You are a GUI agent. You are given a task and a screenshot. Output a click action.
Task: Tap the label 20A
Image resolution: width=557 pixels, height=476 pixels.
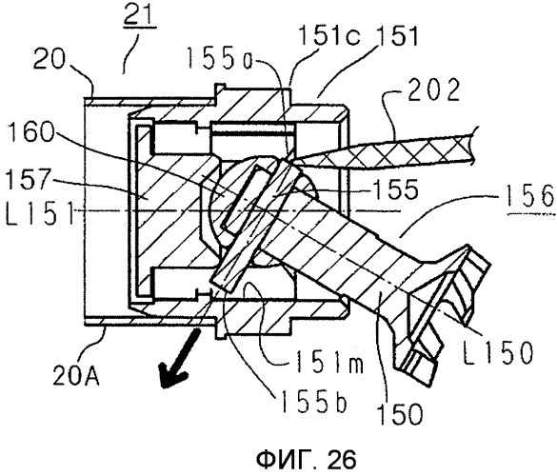76,375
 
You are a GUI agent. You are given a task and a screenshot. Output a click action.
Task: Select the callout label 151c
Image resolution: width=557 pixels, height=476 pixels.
329,37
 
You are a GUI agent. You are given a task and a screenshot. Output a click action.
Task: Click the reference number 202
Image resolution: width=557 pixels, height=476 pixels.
433,89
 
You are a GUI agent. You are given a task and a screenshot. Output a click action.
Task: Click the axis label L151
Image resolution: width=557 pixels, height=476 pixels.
39,213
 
